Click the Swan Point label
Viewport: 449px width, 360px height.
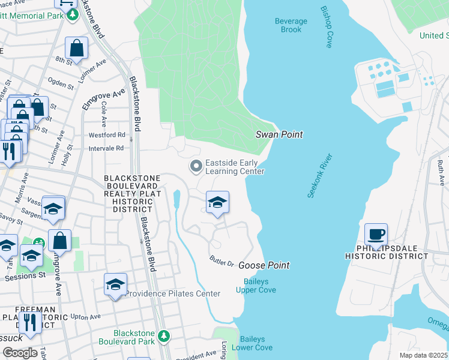[279, 135]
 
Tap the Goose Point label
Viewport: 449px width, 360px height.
[264, 265]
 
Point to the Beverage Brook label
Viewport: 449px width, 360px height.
[291, 25]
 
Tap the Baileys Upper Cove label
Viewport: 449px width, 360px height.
[259, 286]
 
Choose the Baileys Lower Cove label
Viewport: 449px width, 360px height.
[252, 343]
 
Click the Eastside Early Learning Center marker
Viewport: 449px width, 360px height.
[195, 166]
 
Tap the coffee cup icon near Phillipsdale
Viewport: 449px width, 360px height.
[376, 234]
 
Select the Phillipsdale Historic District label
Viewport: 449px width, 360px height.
[387, 251]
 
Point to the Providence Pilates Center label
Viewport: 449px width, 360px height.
[173, 293]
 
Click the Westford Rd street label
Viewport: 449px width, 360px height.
[107, 135]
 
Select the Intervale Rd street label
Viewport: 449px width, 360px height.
[106, 148]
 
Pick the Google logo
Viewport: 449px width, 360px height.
[20, 352]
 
